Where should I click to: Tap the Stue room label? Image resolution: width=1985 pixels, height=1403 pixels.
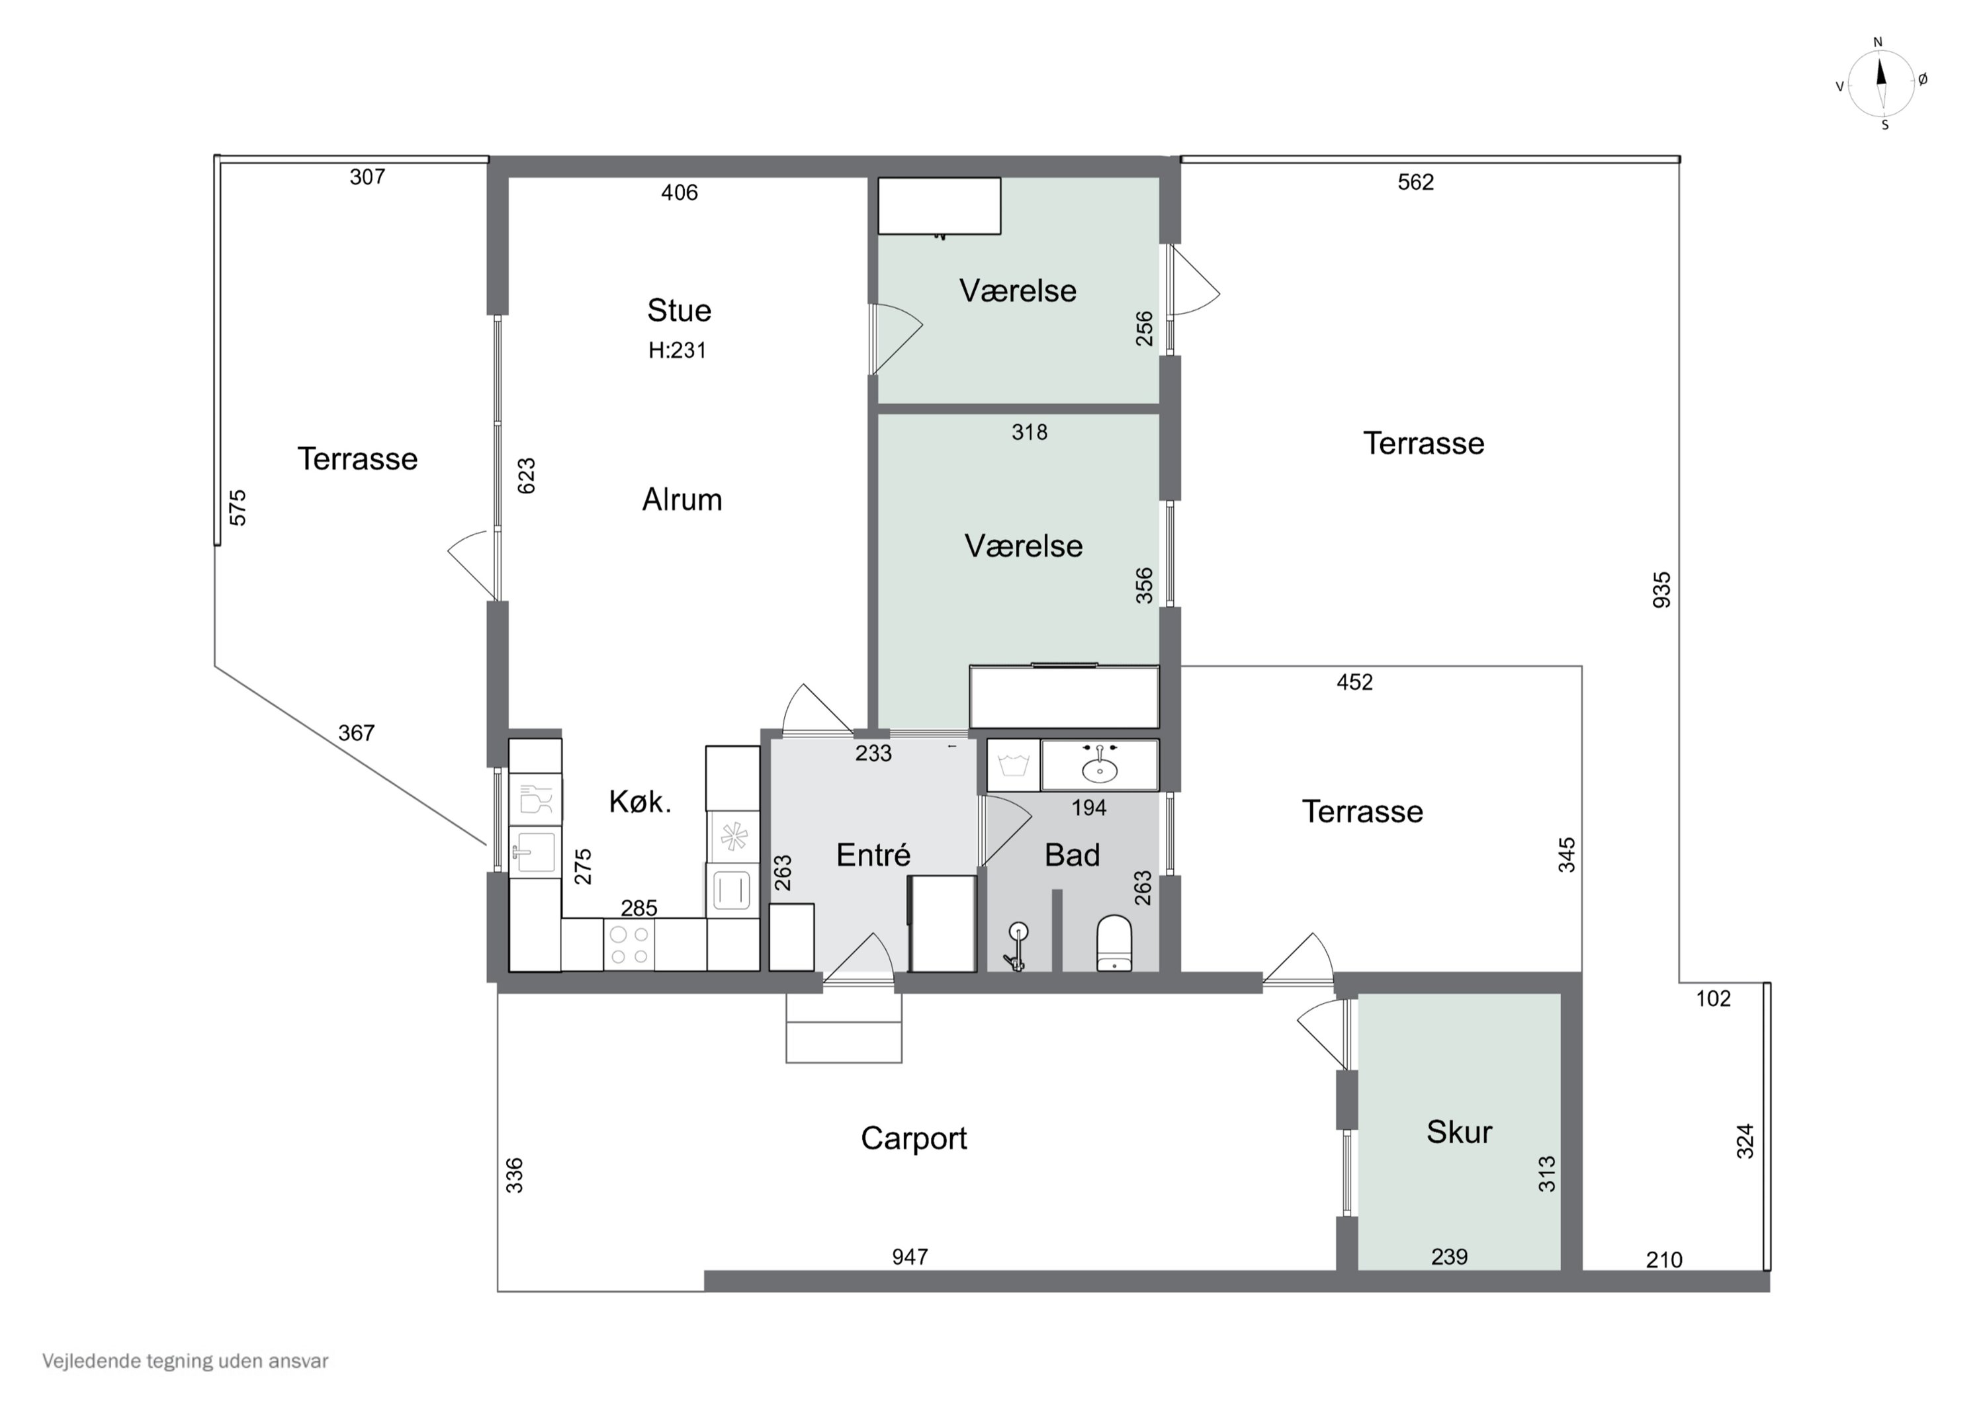pos(679,310)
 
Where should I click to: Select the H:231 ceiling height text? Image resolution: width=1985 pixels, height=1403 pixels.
pos(677,350)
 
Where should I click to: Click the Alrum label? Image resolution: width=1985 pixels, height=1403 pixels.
pos(682,499)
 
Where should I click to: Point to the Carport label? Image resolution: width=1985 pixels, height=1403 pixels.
pos(914,1138)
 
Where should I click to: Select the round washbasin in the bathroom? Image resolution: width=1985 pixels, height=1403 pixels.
pos(1100,769)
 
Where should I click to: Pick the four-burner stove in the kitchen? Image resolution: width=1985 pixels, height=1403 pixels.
pos(629,945)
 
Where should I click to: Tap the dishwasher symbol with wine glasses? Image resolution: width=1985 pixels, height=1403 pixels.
pos(535,800)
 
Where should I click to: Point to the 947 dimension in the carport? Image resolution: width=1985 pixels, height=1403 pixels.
pos(910,1256)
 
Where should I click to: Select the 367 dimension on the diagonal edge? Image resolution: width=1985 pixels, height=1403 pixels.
pos(356,733)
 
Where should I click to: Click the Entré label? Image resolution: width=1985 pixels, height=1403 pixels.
pos(873,855)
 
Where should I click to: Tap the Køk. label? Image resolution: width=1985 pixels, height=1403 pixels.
pos(640,802)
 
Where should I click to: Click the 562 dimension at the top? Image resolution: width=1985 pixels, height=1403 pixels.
pos(1415,183)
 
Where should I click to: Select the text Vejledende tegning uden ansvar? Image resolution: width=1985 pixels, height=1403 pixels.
pos(185,1361)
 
